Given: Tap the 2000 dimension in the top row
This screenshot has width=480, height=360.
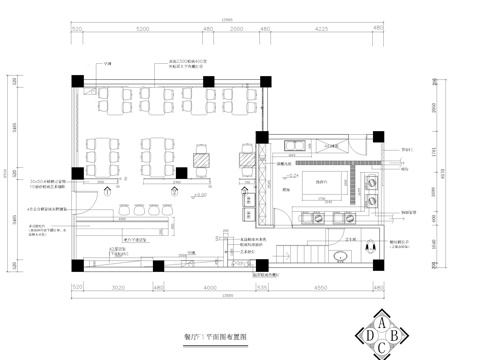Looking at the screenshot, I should point(236,31).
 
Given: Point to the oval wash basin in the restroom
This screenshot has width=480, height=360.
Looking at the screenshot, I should point(344,256).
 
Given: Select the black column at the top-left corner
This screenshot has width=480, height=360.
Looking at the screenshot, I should point(79,82).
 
